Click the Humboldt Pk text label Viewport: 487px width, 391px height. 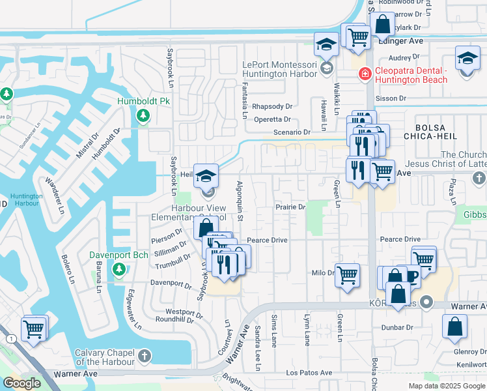[x=143, y=102]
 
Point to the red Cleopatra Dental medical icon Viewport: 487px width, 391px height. [x=365, y=74]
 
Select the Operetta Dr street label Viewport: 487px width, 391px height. [x=272, y=119]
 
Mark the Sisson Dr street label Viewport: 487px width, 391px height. [x=393, y=98]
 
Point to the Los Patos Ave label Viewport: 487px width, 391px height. [x=309, y=373]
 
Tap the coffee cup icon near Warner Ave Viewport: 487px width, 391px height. [x=410, y=277]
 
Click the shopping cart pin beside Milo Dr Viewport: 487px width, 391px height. [x=347, y=275]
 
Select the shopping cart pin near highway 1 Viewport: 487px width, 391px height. [x=33, y=328]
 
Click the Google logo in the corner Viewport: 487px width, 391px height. [x=22, y=383]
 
